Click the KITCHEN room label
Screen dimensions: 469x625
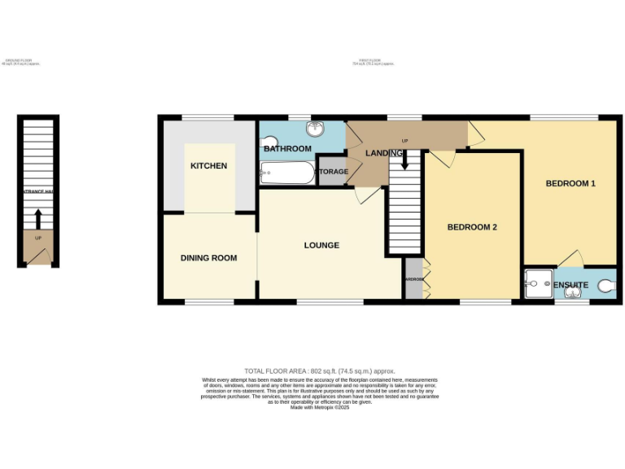click(x=208, y=166)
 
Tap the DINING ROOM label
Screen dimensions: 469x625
click(x=208, y=258)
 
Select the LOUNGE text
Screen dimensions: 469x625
click(x=321, y=245)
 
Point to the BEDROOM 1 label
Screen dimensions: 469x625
click(x=570, y=184)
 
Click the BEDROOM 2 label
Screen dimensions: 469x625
click(x=472, y=227)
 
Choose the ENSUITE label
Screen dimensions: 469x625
click(x=571, y=285)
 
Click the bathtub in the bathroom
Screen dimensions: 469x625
click(x=286, y=172)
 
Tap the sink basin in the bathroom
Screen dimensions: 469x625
click(x=313, y=129)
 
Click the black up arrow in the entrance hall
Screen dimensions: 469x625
click(x=37, y=218)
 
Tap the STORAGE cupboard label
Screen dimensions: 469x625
click(x=332, y=172)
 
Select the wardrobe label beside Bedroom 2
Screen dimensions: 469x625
click(x=413, y=279)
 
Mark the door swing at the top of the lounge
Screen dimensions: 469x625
click(x=367, y=195)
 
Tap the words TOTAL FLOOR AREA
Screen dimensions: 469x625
click(x=278, y=371)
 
